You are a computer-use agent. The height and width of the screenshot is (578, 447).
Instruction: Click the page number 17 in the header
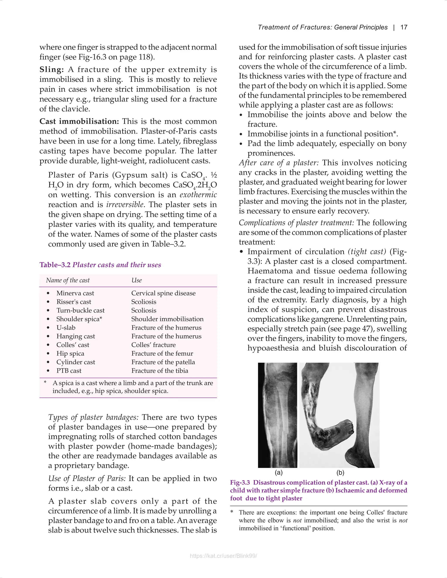(x=404, y=27)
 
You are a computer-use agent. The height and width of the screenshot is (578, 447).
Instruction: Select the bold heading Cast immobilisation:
(x=79, y=121)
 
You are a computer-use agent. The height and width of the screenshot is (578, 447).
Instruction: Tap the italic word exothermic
(x=198, y=195)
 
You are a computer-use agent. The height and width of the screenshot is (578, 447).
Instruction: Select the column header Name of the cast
(x=68, y=280)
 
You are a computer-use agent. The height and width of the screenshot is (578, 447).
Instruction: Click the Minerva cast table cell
(x=75, y=293)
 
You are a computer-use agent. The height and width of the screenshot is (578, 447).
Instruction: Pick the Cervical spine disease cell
(x=163, y=293)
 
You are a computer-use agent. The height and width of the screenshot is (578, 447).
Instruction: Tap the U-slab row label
(x=66, y=328)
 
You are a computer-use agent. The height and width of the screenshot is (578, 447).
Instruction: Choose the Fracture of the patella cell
(x=163, y=362)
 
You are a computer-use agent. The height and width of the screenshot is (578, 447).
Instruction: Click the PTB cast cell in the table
(x=69, y=371)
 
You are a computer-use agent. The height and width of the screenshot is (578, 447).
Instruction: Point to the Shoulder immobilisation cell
(x=167, y=319)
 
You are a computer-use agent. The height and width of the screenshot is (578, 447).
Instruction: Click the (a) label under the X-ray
(x=279, y=472)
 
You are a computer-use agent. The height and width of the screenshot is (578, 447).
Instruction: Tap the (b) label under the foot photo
(x=340, y=472)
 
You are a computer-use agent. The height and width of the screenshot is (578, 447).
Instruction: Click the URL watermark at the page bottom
(x=223, y=556)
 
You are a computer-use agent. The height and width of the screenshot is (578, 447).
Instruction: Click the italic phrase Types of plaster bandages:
(x=93, y=417)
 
